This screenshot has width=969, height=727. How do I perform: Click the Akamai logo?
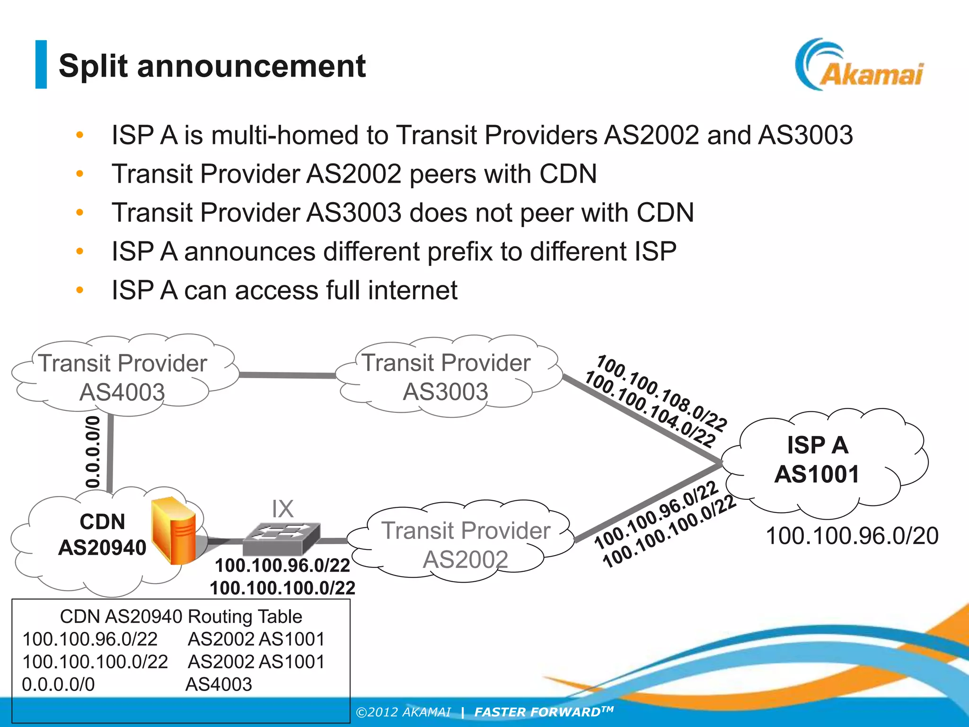pyautogui.click(x=859, y=66)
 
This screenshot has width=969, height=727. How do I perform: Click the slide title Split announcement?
pyautogui.click(x=212, y=66)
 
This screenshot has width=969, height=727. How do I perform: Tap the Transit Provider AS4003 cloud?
pyautogui.click(x=123, y=377)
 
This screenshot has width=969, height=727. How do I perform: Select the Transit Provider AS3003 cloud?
pyautogui.click(x=446, y=377)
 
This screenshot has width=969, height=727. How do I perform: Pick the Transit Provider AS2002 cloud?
pyautogui.click(x=466, y=544)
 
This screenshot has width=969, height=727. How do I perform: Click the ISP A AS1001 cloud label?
pyautogui.click(x=817, y=460)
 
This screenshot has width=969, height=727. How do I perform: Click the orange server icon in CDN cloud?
pyautogui.click(x=174, y=530)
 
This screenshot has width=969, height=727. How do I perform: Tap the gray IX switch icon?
pyautogui.click(x=281, y=539)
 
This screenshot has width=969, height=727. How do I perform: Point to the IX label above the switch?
pyautogui.click(x=282, y=509)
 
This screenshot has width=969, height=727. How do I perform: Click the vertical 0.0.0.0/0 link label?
pyautogui.click(x=93, y=452)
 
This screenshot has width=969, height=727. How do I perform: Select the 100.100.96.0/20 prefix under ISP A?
pyautogui.click(x=852, y=536)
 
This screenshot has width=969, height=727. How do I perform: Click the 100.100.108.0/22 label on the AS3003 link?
pyautogui.click(x=661, y=393)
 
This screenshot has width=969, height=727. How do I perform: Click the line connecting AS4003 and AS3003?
pyautogui.click(x=287, y=375)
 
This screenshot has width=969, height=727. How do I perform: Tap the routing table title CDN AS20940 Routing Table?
pyautogui.click(x=181, y=616)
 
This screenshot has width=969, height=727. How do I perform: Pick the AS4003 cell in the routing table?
pyautogui.click(x=219, y=684)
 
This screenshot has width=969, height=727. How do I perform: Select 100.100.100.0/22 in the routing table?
pyautogui.click(x=95, y=662)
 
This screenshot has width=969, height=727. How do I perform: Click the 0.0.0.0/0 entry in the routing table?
pyautogui.click(x=58, y=684)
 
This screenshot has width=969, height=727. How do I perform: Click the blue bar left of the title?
pyautogui.click(x=41, y=64)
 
